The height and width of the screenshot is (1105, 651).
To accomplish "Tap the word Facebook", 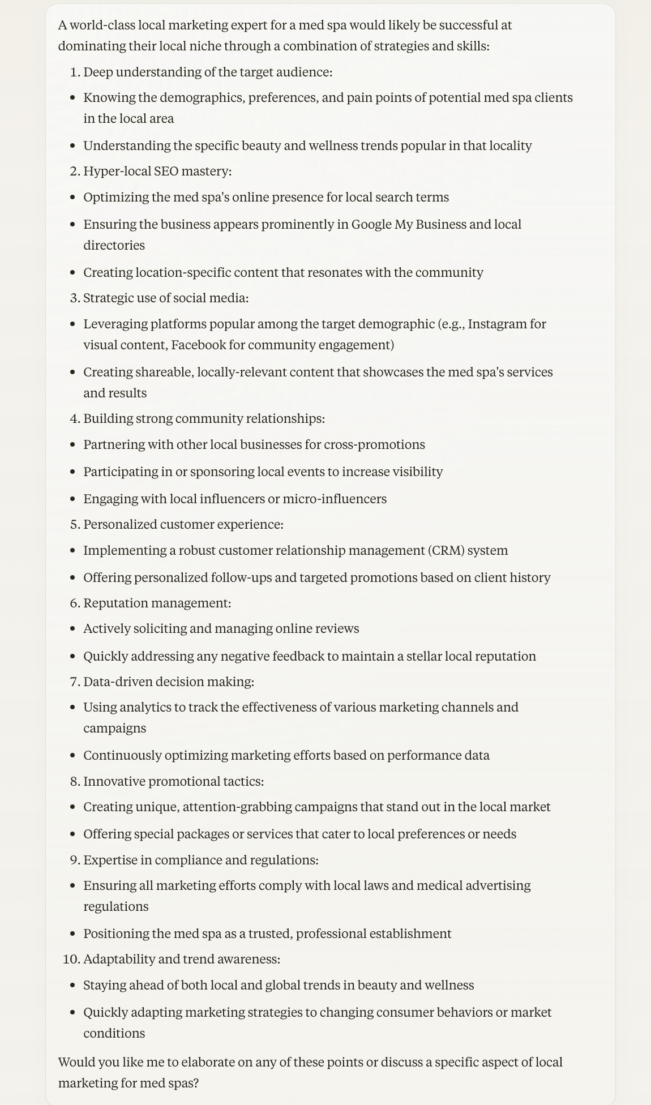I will point(199,345).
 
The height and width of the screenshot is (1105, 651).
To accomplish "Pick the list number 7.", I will point(74,682).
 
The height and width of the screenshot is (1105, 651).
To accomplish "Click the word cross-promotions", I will point(374,444).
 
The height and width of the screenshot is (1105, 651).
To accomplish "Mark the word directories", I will point(114,245).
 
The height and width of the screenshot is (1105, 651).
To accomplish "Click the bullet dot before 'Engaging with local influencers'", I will point(72,499).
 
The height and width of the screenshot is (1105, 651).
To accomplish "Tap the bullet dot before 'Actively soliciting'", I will point(72,629).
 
